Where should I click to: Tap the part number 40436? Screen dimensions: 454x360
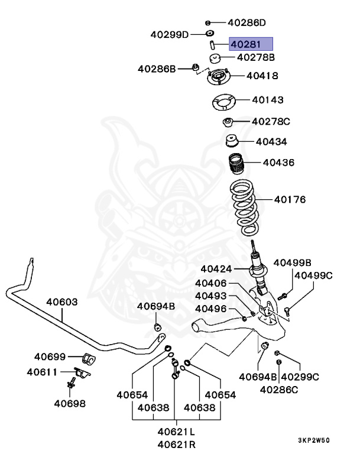click(278, 162)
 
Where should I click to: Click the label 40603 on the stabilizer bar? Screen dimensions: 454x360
click(62, 301)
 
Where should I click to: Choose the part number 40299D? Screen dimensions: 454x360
click(168, 34)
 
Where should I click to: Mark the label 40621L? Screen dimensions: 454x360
click(177, 432)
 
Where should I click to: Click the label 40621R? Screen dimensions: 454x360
click(177, 444)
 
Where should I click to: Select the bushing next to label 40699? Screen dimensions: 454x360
click(90, 359)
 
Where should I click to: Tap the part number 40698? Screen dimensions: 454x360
click(69, 404)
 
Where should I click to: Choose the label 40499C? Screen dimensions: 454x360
click(313, 275)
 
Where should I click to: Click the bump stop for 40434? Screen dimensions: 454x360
click(232, 142)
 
